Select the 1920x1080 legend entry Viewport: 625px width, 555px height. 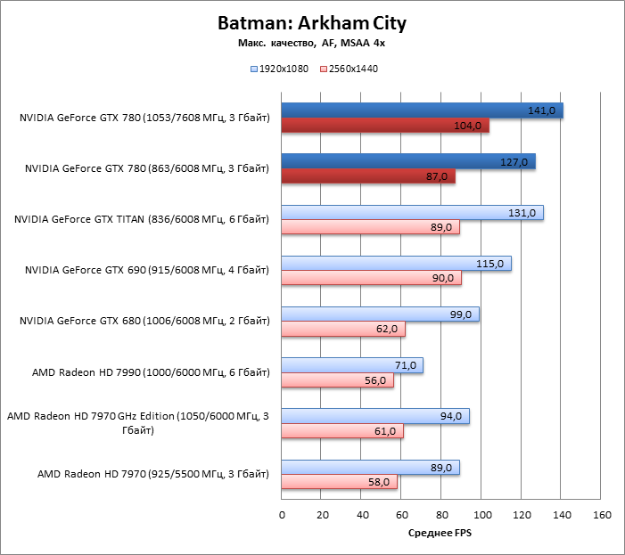click(x=282, y=69)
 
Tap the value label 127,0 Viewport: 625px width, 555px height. click(x=515, y=161)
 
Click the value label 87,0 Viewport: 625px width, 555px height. click(x=437, y=176)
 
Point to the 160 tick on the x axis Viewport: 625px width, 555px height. click(x=602, y=515)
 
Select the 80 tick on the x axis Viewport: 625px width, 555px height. click(x=442, y=515)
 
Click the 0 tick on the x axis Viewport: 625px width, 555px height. click(x=282, y=515)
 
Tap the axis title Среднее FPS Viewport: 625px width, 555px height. click(x=440, y=534)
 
